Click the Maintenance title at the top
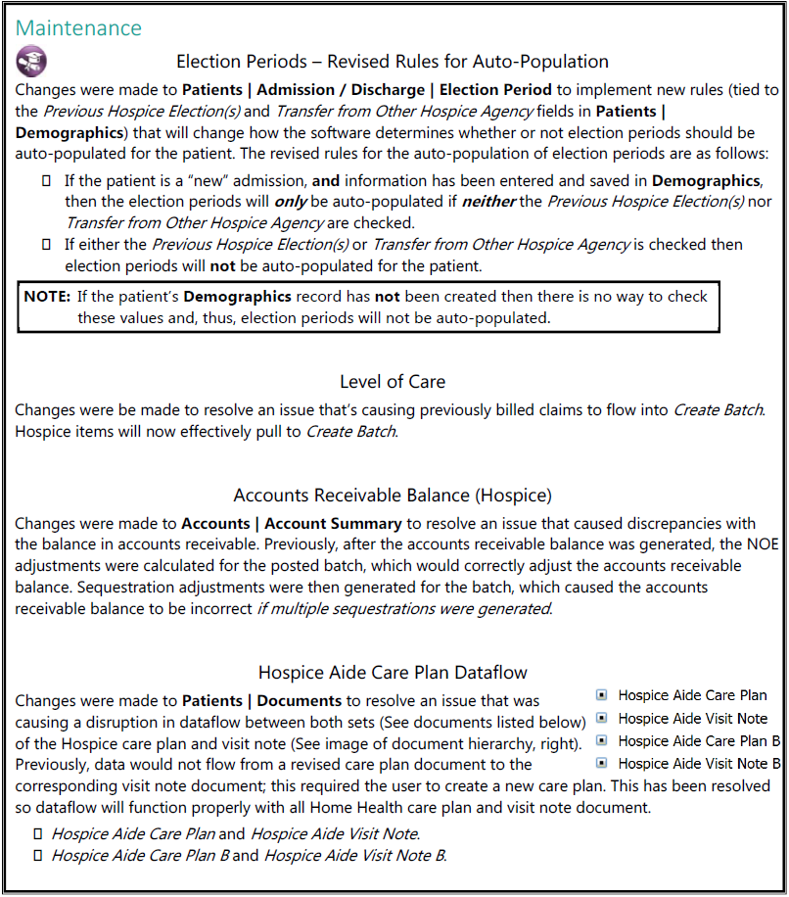point(78,27)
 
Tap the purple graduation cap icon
point(32,61)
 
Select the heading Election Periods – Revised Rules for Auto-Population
point(393,62)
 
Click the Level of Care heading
point(393,381)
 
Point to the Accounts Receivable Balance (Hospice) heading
point(393,496)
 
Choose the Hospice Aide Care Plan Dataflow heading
point(393,672)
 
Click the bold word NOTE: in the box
point(47,296)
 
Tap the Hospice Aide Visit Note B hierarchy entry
point(699,764)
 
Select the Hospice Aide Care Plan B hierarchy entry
point(699,741)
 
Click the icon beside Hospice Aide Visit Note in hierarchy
point(601,718)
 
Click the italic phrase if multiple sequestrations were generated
point(403,608)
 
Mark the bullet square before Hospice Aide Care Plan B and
point(38,855)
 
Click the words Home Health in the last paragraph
point(402,808)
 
